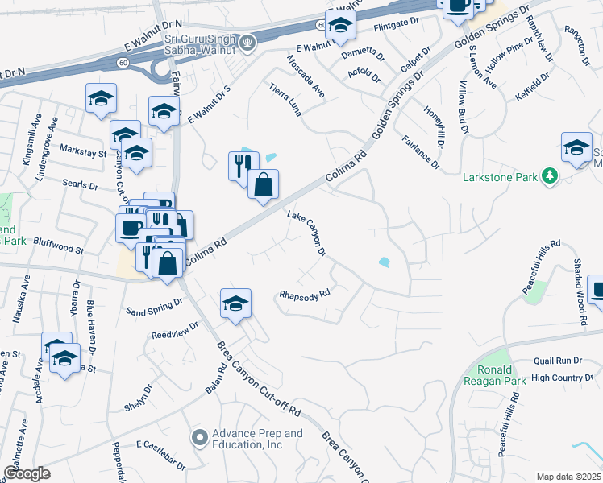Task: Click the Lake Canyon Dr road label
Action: (307, 233)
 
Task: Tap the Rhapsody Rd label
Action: (305, 294)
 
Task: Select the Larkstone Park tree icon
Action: (551, 175)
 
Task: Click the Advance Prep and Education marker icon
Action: (199, 438)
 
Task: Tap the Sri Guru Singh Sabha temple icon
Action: (249, 40)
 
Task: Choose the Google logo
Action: (27, 473)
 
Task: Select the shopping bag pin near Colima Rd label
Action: (263, 186)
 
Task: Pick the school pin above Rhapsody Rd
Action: (235, 303)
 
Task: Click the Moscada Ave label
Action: (306, 76)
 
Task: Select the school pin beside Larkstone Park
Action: (576, 148)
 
